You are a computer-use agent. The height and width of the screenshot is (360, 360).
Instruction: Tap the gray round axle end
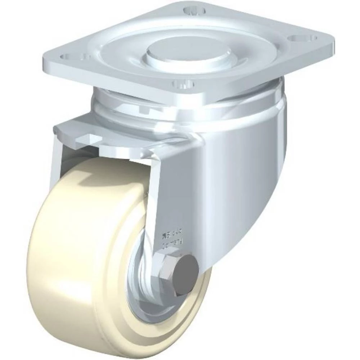pyautogui.click(x=185, y=270)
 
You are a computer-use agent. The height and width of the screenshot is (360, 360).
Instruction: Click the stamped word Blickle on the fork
pyautogui.click(x=175, y=235)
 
